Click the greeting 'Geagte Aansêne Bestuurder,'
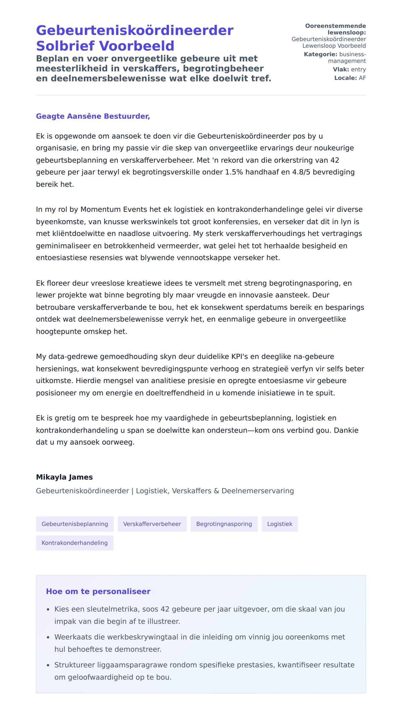(x=93, y=116)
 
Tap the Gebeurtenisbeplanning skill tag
(x=75, y=524)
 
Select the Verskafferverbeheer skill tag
(x=152, y=524)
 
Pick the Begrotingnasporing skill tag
(x=224, y=524)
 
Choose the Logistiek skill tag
(x=280, y=524)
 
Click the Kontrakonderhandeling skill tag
(x=74, y=543)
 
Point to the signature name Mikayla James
(x=64, y=477)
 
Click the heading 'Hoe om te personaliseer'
(x=98, y=591)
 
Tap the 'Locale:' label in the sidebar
(x=345, y=78)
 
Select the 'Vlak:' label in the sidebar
(x=341, y=69)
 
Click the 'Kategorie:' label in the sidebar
(x=320, y=54)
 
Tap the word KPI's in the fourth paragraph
(x=239, y=356)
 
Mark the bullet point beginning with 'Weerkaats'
(x=48, y=637)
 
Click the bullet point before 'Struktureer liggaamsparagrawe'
(x=48, y=665)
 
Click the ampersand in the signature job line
(x=216, y=491)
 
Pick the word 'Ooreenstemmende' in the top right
(x=335, y=26)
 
